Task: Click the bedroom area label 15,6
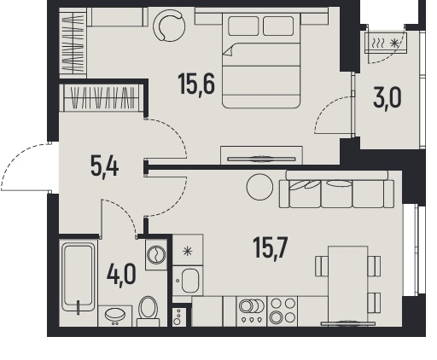[x=196, y=84]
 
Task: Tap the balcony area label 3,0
[x=387, y=97]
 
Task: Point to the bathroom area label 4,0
[x=121, y=275]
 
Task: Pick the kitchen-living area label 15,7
[x=271, y=248]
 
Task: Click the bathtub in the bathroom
[x=79, y=276]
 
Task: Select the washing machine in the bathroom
[x=156, y=254]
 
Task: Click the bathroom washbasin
[x=115, y=316]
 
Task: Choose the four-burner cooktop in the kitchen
[x=283, y=311]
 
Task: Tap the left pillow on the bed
[x=243, y=26]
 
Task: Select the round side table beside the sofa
[x=259, y=187]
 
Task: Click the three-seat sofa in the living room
[x=337, y=189]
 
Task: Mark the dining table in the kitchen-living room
[x=348, y=284]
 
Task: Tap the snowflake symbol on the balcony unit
[x=394, y=44]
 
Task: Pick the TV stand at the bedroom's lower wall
[x=261, y=155]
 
